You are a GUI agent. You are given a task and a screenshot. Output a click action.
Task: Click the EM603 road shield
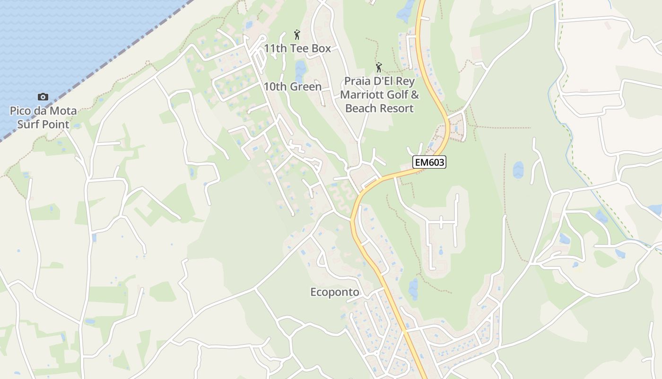coord(429,162)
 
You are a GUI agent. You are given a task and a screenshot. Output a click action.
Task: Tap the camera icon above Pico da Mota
coord(43,97)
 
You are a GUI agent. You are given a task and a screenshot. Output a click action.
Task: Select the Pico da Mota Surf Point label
coord(43,118)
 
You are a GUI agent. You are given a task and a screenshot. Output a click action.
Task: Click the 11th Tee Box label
coord(297,48)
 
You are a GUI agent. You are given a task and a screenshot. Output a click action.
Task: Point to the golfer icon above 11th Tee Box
coord(297,35)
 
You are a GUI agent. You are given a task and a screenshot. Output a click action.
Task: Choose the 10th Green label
coord(292,87)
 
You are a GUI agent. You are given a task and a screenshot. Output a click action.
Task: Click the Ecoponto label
coord(334,292)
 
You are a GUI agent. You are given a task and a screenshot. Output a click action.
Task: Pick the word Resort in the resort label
coord(397,108)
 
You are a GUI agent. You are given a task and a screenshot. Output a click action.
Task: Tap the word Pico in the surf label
coord(20,111)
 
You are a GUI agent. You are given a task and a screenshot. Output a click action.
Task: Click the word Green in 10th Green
coord(305,87)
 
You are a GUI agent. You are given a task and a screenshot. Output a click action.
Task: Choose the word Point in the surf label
coord(55,125)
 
